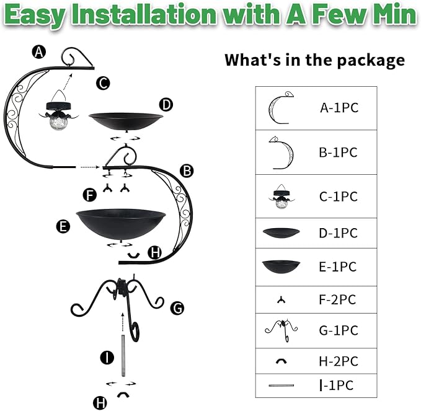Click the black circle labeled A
click(x=39, y=52)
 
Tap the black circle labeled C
click(x=103, y=83)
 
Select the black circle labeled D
click(x=166, y=105)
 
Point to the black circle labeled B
click(x=187, y=170)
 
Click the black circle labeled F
click(x=90, y=195)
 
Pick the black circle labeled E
click(x=63, y=226)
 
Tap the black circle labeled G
click(x=177, y=308)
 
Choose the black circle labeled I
click(x=107, y=358)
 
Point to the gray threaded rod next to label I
click(x=123, y=356)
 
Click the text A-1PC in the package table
click(x=339, y=108)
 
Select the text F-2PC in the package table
click(x=337, y=299)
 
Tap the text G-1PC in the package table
click(x=339, y=330)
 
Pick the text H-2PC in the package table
click(x=339, y=361)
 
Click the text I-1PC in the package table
click(x=337, y=386)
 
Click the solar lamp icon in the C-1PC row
click(x=281, y=197)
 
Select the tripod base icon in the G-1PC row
click(x=281, y=330)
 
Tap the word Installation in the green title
click(x=144, y=14)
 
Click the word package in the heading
click(x=371, y=61)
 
